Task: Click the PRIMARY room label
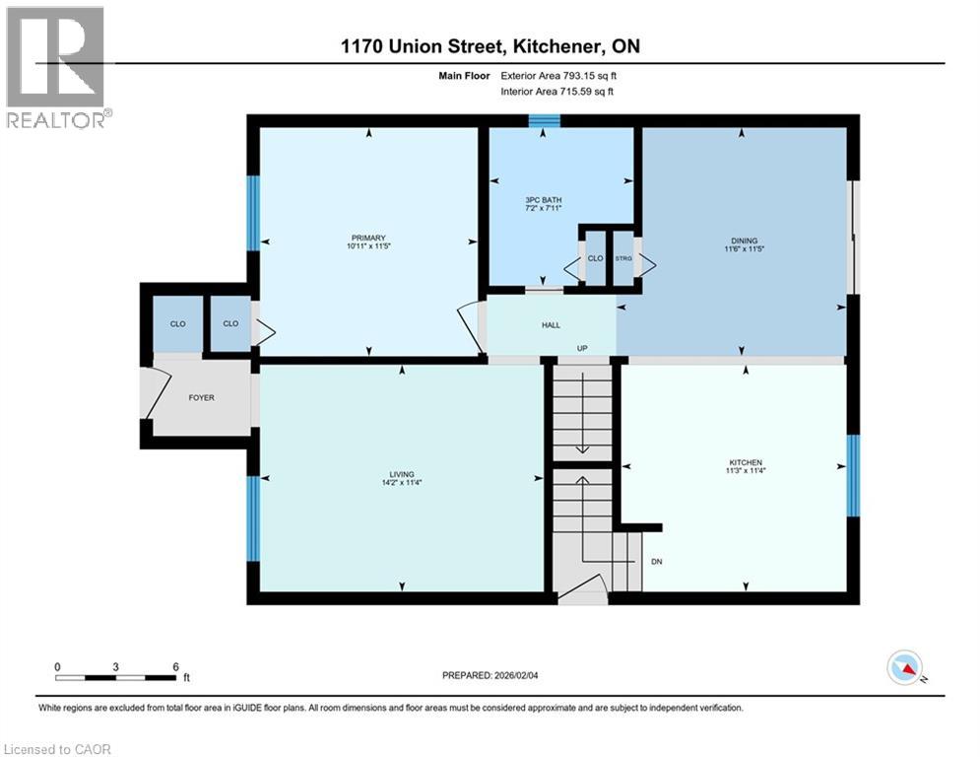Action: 369,238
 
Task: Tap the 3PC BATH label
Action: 543,200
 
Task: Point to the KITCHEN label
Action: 746,463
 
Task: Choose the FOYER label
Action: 201,398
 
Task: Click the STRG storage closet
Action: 623,259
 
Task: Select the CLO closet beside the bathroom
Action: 595,259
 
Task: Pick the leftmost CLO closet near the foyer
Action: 177,323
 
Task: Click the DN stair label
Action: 657,563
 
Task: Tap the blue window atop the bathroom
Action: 544,121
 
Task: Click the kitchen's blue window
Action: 853,475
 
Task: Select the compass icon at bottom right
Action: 903,667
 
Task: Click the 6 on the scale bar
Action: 175,667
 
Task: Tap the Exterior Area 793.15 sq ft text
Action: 559,75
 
